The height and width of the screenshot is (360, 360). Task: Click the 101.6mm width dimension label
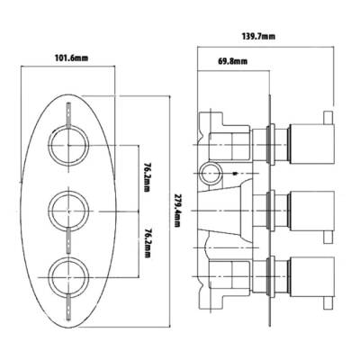pos(70,59)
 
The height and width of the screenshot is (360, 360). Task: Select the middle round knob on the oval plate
pos(67,209)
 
